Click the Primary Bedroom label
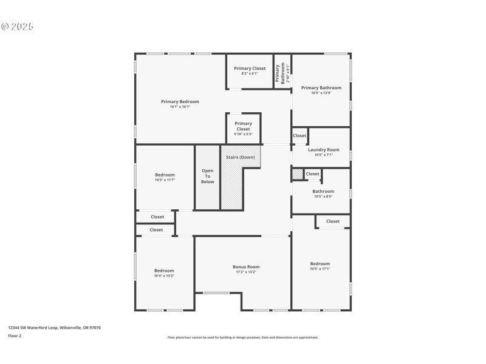pyautogui.click(x=180, y=102)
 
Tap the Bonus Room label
pyautogui.click(x=246, y=267)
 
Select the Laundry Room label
pyautogui.click(x=323, y=150)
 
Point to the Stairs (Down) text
pyautogui.click(x=241, y=158)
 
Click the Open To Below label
pyautogui.click(x=207, y=176)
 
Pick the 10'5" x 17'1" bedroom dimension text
pyautogui.click(x=320, y=269)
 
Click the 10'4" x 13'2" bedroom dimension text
pyautogui.click(x=164, y=276)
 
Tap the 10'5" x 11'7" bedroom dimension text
pyautogui.click(x=165, y=180)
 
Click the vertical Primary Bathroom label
pyautogui.click(x=282, y=72)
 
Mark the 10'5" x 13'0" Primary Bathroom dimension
pyautogui.click(x=321, y=93)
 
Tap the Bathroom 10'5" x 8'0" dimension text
pyautogui.click(x=323, y=197)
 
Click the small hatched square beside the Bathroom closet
pyautogui.click(x=297, y=174)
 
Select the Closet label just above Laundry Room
pyautogui.click(x=299, y=136)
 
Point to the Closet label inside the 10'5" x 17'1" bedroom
pyautogui.click(x=333, y=221)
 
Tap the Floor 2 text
pyautogui.click(x=15, y=335)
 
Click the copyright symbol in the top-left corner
pyautogui.click(x=4, y=27)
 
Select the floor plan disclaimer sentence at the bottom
pyautogui.click(x=242, y=337)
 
